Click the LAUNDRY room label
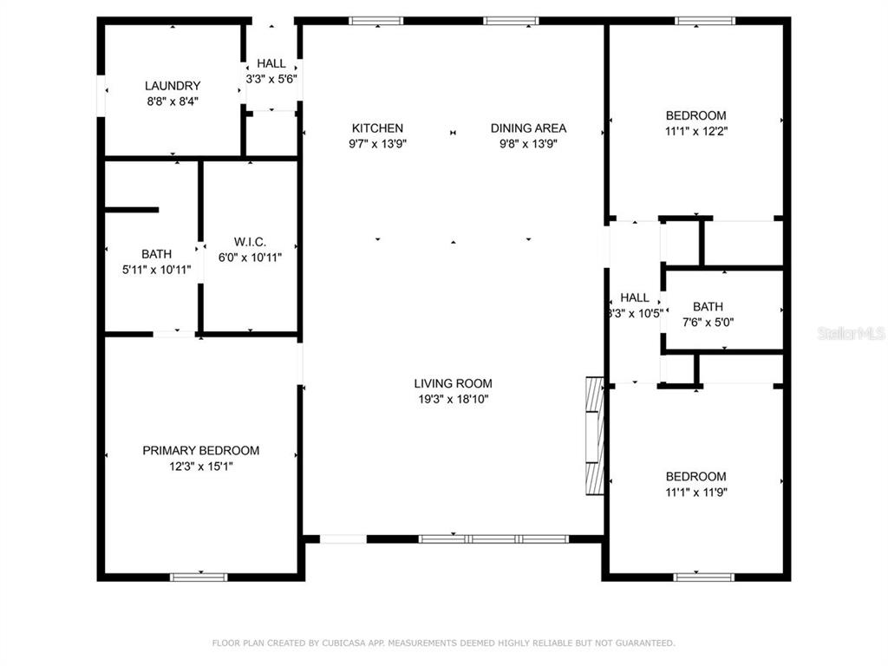(x=173, y=86)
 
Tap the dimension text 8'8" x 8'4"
(x=173, y=101)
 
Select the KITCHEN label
(x=377, y=128)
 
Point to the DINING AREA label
(x=528, y=128)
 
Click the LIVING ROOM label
(x=453, y=383)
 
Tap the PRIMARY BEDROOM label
(x=201, y=450)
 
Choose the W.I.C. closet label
(x=250, y=242)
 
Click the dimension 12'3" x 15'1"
(x=201, y=466)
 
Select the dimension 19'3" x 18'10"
(x=453, y=399)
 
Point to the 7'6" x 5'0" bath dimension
(x=708, y=323)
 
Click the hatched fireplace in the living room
(x=595, y=436)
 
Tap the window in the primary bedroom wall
(x=199, y=577)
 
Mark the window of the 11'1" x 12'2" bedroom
(x=705, y=21)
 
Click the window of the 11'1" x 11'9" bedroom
(x=704, y=577)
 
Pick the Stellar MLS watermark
(x=852, y=333)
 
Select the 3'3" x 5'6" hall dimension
(x=271, y=79)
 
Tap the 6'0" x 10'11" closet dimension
(x=250, y=257)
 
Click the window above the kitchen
(x=376, y=21)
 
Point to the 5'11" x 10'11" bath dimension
(x=156, y=270)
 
